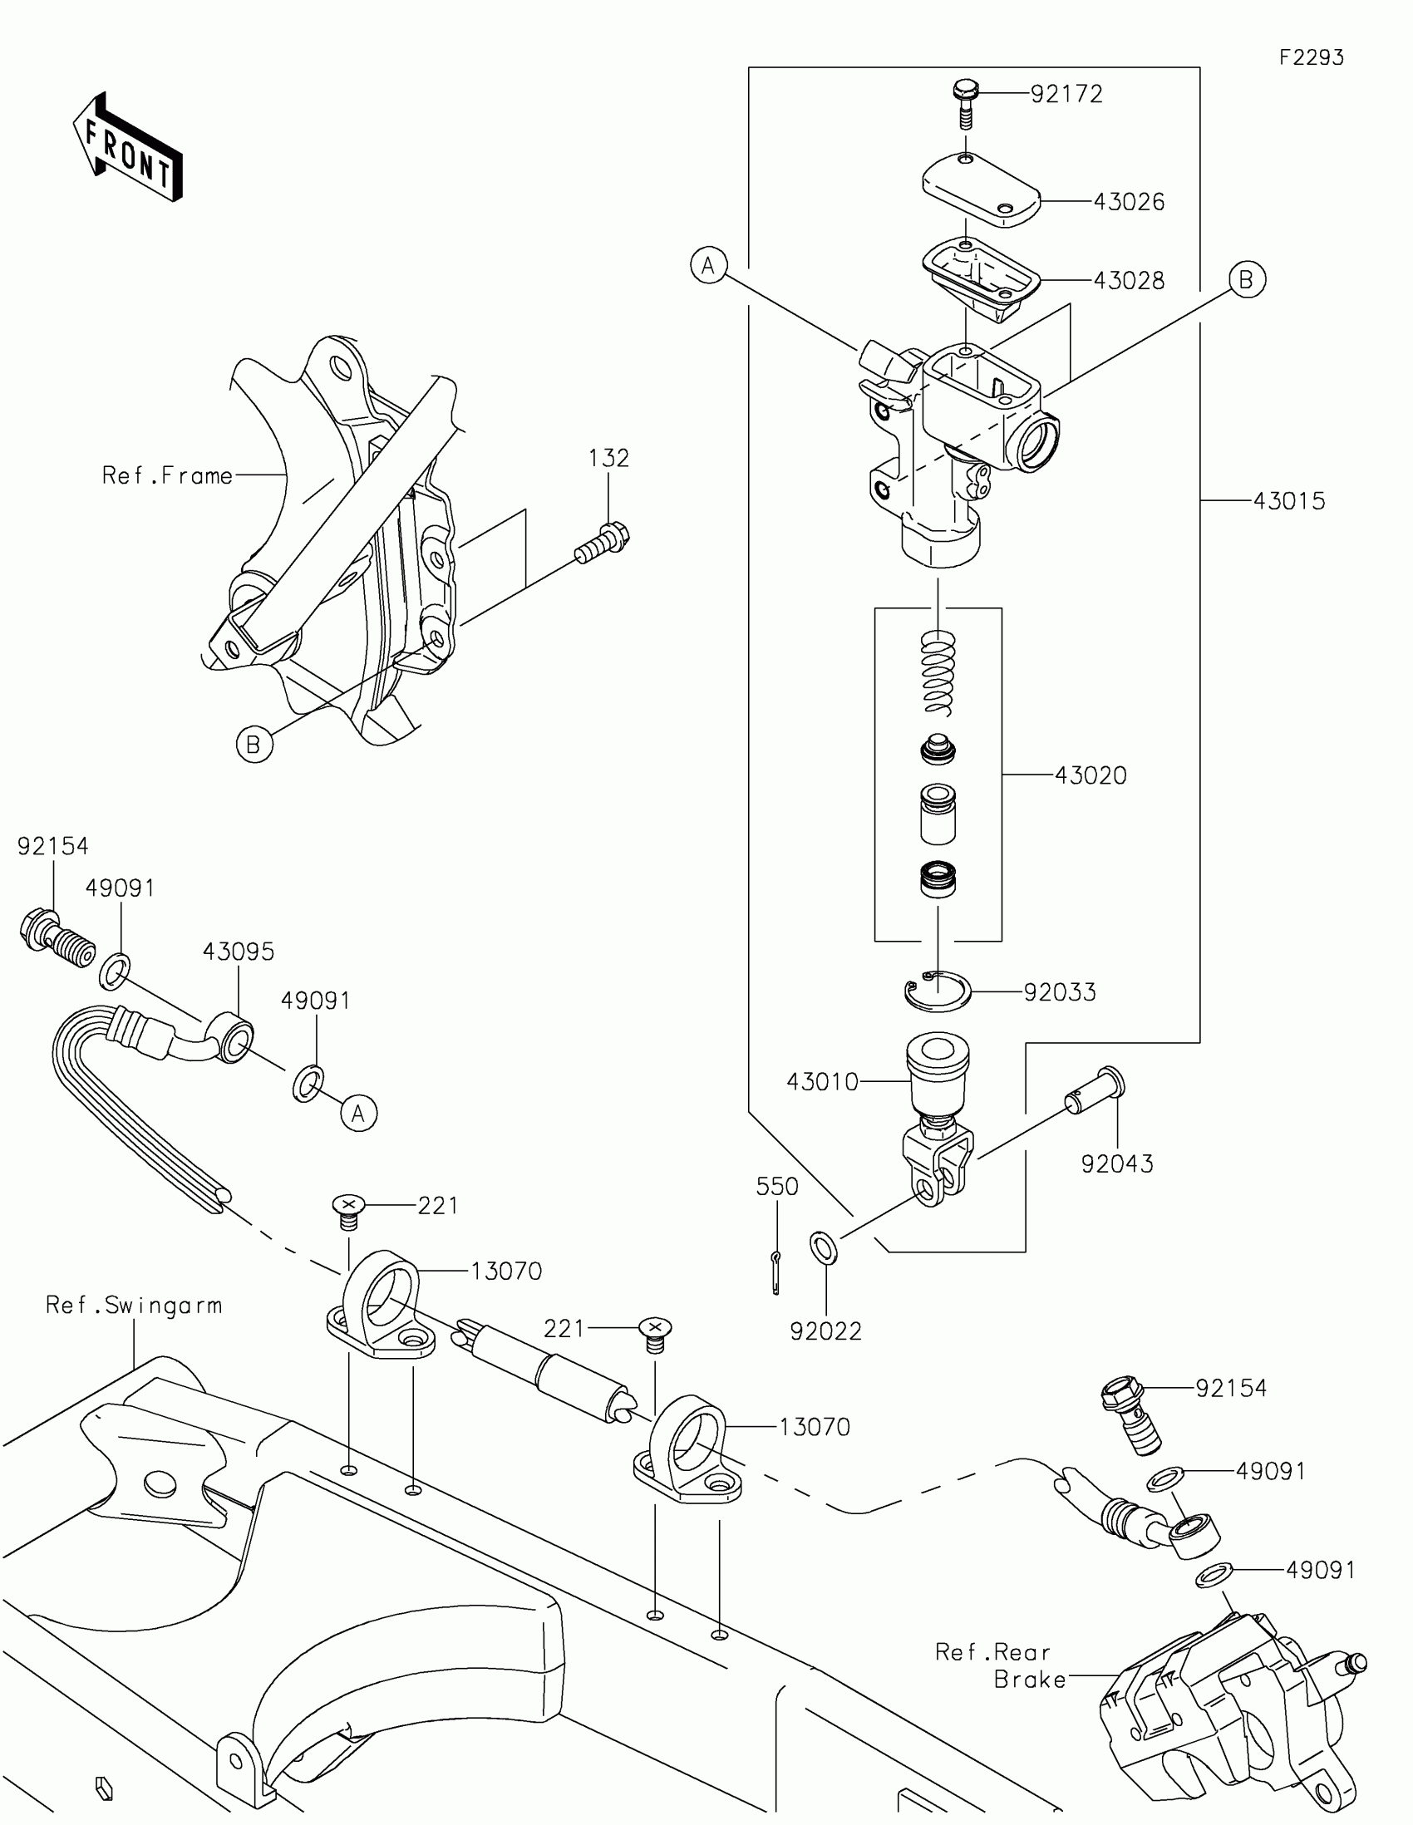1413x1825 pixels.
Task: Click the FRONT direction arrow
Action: [x=128, y=147]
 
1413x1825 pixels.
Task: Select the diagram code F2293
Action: [x=1311, y=57]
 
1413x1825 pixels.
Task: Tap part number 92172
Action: [x=1066, y=94]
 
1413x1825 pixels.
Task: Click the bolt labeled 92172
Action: [x=966, y=103]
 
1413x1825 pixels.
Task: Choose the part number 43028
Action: [x=1129, y=280]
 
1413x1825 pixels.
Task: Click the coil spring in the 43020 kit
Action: [x=938, y=672]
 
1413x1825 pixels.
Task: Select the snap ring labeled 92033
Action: [x=938, y=992]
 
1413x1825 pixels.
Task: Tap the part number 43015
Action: [x=1289, y=500]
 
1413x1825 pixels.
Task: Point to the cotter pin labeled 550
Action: [x=776, y=1273]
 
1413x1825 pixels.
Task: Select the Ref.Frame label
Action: [x=167, y=475]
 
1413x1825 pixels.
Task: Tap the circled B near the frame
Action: [x=254, y=743]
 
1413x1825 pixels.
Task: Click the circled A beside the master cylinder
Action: [x=709, y=265]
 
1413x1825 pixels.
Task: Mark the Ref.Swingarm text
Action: [x=134, y=1306]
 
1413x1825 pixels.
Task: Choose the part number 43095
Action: [x=239, y=952]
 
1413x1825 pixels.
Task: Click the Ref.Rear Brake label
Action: [x=1000, y=1665]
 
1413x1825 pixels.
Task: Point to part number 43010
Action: [x=822, y=1082]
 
